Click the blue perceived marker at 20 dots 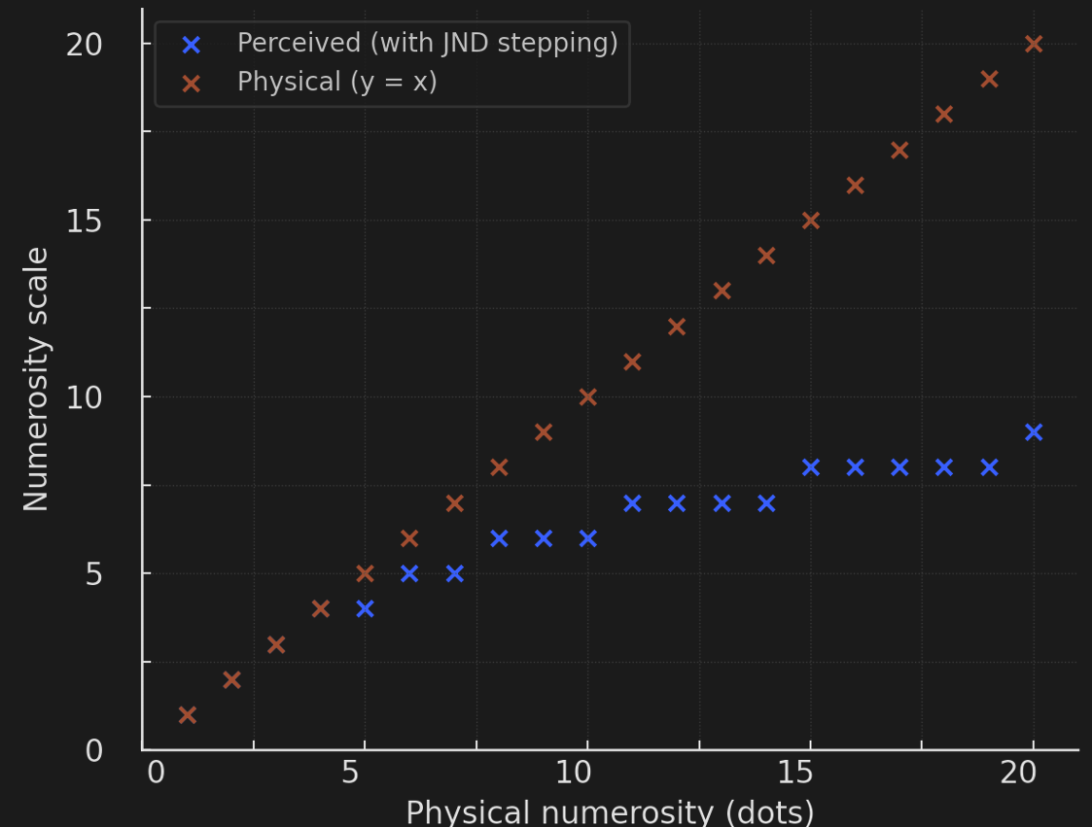click(1034, 432)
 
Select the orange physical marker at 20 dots click(1034, 44)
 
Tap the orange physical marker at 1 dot click(188, 715)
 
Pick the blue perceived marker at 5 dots click(365, 609)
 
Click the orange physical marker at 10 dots click(587, 396)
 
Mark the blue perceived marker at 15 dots click(811, 467)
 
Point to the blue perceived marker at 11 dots click(632, 503)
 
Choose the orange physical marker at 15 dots click(811, 221)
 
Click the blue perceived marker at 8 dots click(499, 538)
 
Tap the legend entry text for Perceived click(427, 44)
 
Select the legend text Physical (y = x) click(336, 82)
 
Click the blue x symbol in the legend click(192, 45)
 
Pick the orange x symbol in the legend click(192, 83)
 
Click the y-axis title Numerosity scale click(36, 379)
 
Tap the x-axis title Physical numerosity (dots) click(610, 811)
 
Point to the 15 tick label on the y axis click(85, 221)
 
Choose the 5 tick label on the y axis click(94, 573)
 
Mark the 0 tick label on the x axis click(156, 773)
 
